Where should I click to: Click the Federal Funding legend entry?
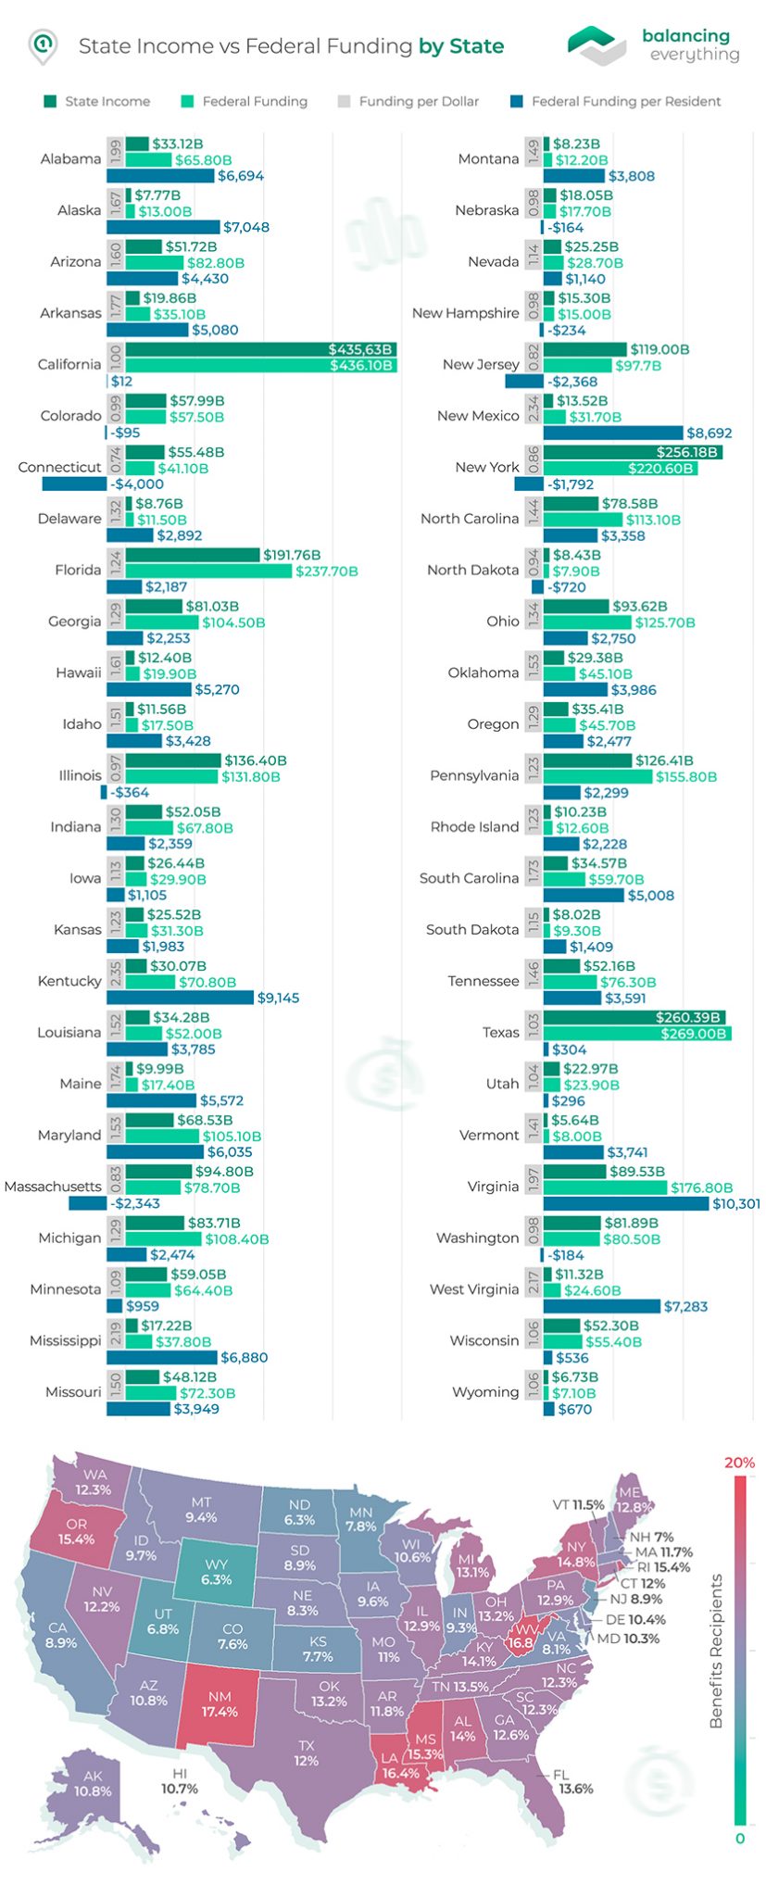(245, 101)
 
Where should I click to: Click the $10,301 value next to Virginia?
(735, 1203)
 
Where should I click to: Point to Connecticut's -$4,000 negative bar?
(74, 484)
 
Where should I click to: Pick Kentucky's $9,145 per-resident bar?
(180, 998)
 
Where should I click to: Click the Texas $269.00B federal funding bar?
(637, 1033)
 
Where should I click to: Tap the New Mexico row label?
(478, 416)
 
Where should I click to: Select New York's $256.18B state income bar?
(633, 452)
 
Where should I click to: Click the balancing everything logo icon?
(596, 44)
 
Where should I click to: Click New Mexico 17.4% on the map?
(220, 1703)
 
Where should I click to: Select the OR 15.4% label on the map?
(76, 1531)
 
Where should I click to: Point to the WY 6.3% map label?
(216, 1571)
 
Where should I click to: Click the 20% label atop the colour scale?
(739, 1463)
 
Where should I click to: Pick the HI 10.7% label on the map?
(180, 1780)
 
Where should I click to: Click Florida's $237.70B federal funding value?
(326, 572)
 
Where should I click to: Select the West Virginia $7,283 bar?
(602, 1306)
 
